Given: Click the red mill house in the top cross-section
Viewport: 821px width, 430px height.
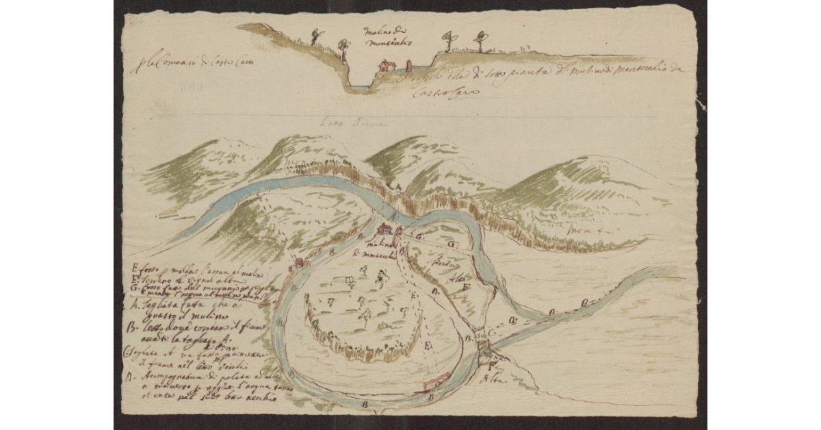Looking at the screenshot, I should point(387,66).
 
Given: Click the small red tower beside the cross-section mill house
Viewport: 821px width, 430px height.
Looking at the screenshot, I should point(409,66).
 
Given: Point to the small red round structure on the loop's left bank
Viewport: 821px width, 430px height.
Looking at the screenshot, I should point(298,263).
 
